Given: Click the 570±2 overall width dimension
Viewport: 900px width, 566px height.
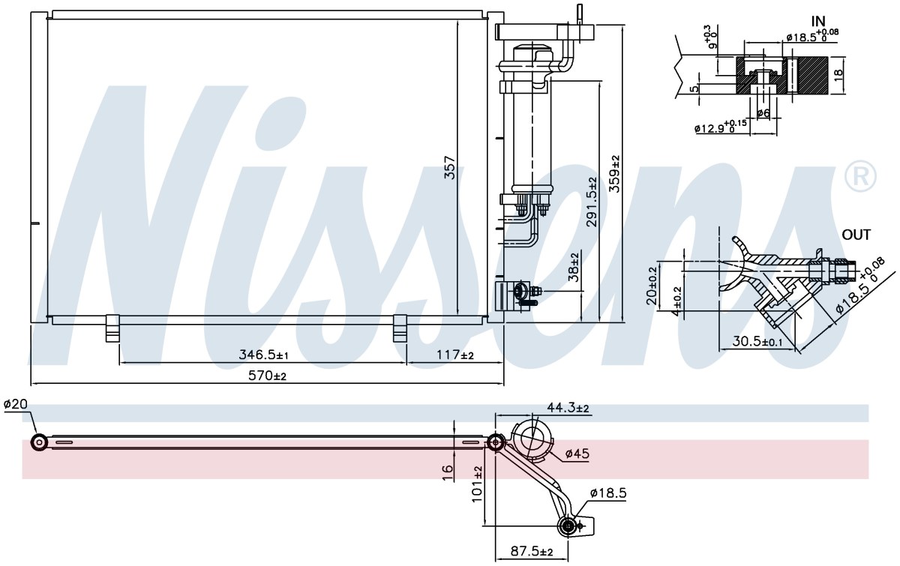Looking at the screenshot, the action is click(267, 376).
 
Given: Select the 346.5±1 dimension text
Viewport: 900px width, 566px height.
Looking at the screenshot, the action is click(263, 355).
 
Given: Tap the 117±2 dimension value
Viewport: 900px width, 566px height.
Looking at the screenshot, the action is click(455, 355).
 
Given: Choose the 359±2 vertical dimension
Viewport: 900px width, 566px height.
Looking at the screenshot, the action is click(614, 174).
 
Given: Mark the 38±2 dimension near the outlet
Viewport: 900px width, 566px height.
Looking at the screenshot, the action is click(574, 267).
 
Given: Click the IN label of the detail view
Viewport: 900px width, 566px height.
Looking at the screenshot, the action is click(818, 21).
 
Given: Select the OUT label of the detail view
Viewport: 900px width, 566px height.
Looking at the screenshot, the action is click(856, 235).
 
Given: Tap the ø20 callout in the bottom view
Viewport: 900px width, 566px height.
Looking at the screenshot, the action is click(15, 404).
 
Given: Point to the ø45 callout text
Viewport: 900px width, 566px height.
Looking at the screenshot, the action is click(577, 454).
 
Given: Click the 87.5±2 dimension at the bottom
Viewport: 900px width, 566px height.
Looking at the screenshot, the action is click(532, 551).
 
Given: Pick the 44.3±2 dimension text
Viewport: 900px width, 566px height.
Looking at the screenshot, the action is click(568, 408).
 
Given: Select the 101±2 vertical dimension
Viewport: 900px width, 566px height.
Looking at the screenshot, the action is click(476, 484).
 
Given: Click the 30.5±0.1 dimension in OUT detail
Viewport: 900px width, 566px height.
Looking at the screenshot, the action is click(757, 341).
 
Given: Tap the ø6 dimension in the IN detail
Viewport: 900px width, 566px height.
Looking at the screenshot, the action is click(763, 114).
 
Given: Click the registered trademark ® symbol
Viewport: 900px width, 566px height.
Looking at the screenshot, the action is click(860, 177).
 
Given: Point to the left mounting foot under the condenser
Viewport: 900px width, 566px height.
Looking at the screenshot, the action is click(113, 328).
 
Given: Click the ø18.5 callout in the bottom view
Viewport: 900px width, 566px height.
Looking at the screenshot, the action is click(608, 493).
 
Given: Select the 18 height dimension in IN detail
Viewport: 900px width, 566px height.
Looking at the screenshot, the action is click(838, 75).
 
